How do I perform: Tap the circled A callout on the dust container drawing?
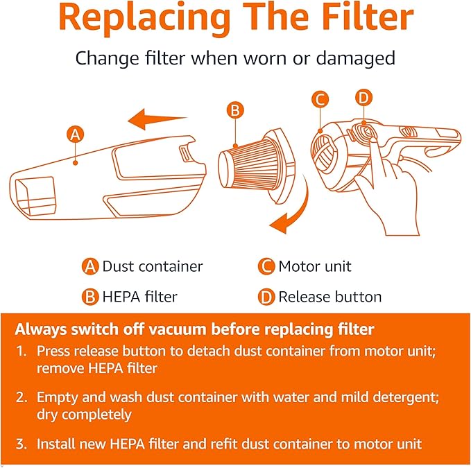[x=76, y=135]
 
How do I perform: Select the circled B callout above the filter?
[x=235, y=110]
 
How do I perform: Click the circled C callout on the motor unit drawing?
[x=320, y=100]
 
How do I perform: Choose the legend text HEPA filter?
[x=139, y=297]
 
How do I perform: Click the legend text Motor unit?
[x=314, y=266]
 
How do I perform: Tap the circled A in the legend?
[x=90, y=266]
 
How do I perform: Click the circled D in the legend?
[x=266, y=297]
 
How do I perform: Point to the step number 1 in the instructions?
[x=20, y=352]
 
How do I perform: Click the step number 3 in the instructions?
[x=20, y=444]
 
